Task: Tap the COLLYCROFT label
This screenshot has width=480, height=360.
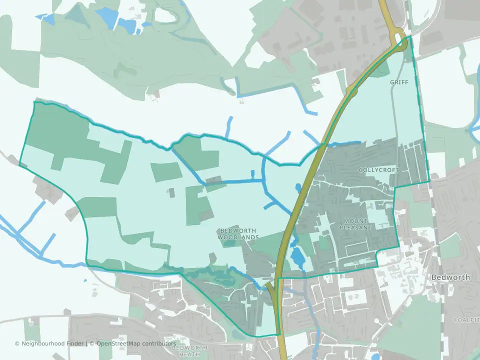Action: point(379,170)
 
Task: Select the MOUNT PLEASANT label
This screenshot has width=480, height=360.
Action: point(356,224)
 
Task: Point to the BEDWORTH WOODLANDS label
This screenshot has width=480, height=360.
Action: point(238,234)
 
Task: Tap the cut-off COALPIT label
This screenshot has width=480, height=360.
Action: point(466,319)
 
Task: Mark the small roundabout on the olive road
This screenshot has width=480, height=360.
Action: point(351,90)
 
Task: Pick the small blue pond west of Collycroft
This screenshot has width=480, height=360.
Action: point(298,188)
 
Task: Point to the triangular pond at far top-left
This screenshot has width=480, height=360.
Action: point(47,18)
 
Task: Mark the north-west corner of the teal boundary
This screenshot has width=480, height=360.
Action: point(34,102)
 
